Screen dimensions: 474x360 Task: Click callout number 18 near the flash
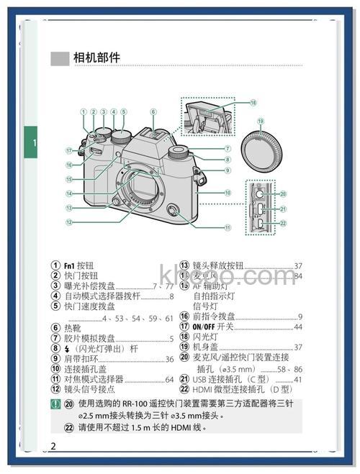coord(253,103)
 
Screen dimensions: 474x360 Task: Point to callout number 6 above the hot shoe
coord(153,111)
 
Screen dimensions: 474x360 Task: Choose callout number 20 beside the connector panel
coord(283,193)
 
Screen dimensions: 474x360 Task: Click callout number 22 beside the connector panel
coord(283,223)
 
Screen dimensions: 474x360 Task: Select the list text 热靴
coord(72,327)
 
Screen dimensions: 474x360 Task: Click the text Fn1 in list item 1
coord(70,265)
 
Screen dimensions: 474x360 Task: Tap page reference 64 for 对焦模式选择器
coord(169,379)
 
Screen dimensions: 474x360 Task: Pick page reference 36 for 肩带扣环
coord(169,359)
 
